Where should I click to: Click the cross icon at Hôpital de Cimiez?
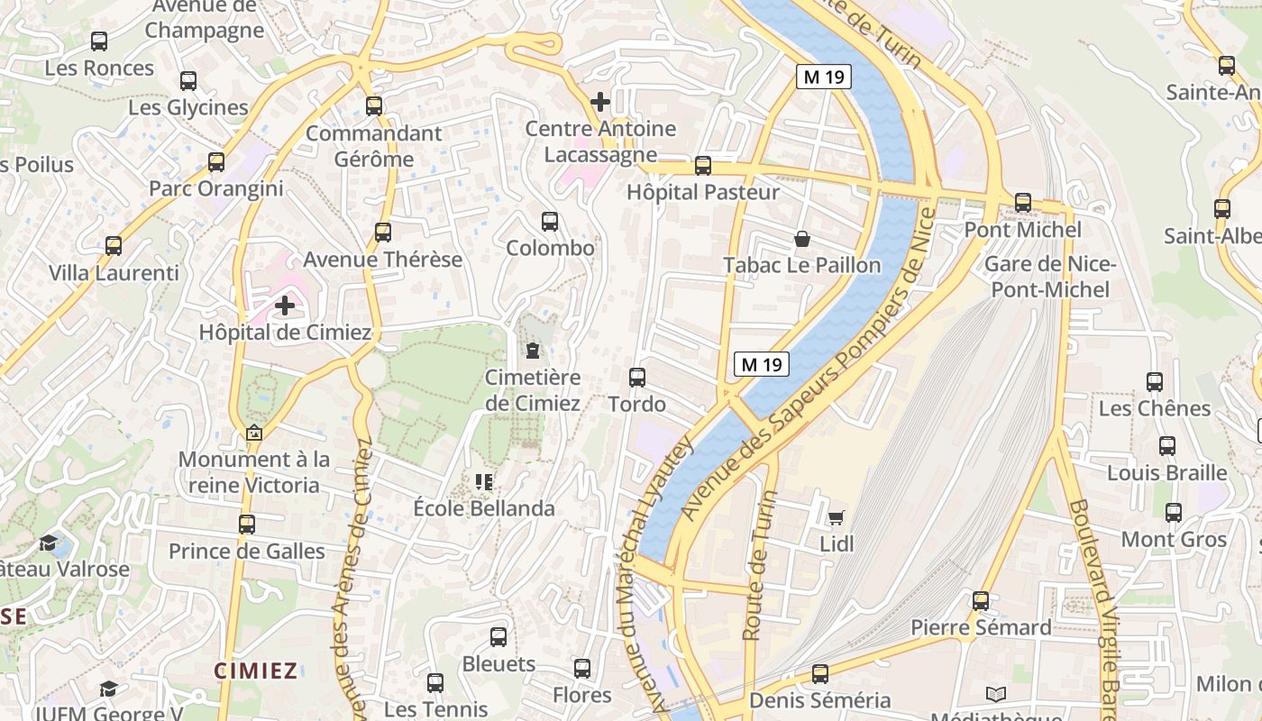[x=285, y=306]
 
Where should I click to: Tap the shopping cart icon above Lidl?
[x=836, y=517]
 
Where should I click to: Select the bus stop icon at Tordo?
[x=637, y=377]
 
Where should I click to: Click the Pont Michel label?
[x=1022, y=230]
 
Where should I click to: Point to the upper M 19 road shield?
[x=824, y=78]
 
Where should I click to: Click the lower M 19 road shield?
[x=762, y=364]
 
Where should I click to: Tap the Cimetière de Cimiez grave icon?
[x=532, y=350]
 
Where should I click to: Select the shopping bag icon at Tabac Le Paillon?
[x=801, y=239]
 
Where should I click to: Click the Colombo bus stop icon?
[x=550, y=221]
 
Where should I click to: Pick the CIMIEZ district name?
[x=256, y=671]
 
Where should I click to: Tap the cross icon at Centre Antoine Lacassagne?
[x=600, y=102]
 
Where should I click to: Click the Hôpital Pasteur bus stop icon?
[x=703, y=166]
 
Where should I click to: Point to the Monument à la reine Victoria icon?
[x=254, y=434]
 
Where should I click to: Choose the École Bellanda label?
[x=484, y=508]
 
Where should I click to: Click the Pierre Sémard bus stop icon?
[x=981, y=600]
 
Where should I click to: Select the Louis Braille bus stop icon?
[x=1167, y=445]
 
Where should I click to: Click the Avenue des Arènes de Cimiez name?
[x=352, y=577]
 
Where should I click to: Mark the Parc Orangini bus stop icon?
[x=216, y=162]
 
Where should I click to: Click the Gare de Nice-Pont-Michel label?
[x=1049, y=277]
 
